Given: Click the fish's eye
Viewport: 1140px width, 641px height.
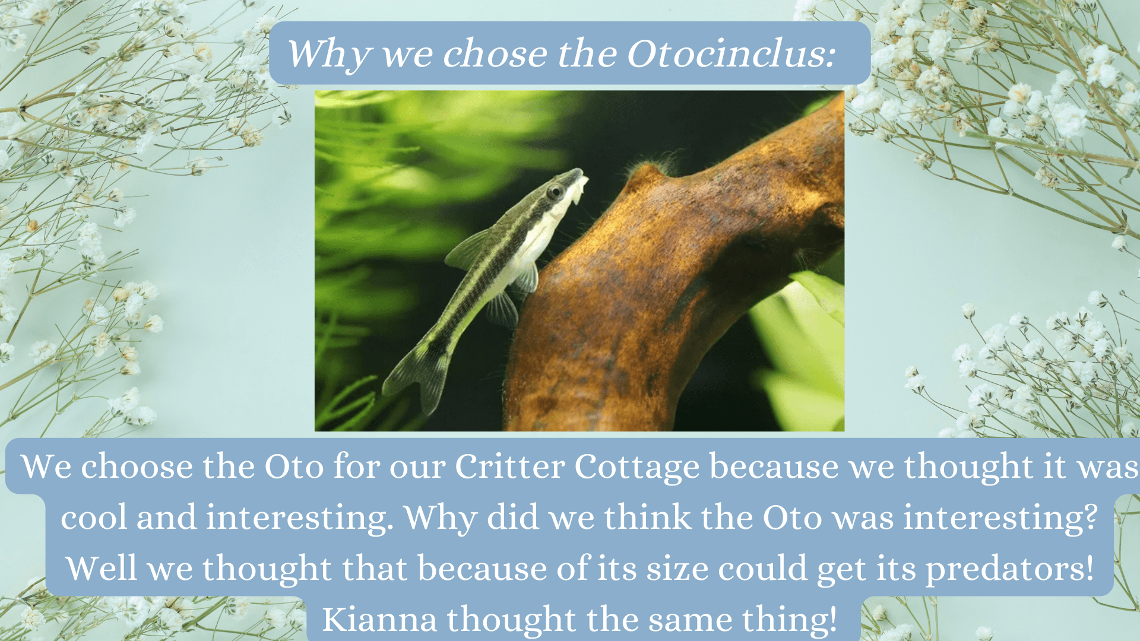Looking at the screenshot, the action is point(555,191).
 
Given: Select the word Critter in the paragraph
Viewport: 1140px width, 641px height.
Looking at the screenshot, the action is point(509,467).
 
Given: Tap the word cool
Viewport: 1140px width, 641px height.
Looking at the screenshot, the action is point(94,517).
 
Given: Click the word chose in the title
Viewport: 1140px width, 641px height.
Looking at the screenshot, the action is point(495,54).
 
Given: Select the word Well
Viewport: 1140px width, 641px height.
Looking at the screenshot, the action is point(101,568).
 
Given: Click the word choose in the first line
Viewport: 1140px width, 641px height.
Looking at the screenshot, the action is point(137,467).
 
